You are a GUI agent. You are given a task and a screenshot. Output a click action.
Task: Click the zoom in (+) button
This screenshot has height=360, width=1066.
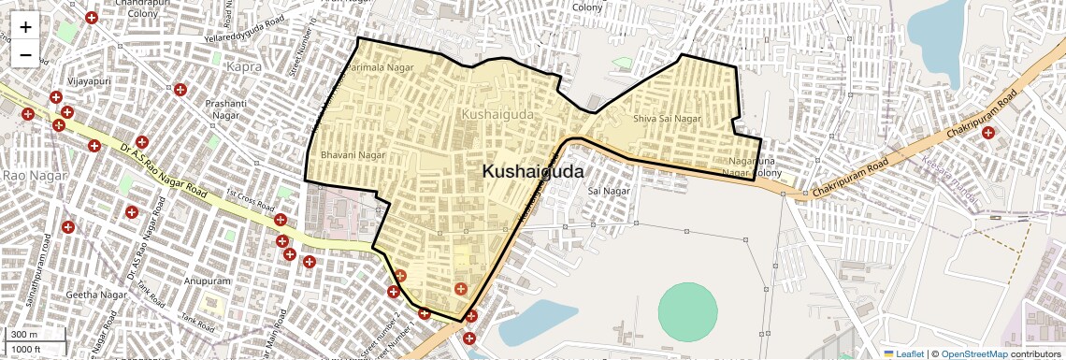pyautogui.click(x=25, y=28)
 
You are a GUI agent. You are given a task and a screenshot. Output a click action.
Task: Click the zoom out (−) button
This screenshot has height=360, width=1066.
pyautogui.click(x=25, y=55)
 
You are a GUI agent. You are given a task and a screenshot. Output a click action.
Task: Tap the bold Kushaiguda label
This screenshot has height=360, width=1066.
pyautogui.click(x=533, y=172)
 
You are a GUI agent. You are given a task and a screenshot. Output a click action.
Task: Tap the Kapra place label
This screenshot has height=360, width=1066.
pyautogui.click(x=243, y=67)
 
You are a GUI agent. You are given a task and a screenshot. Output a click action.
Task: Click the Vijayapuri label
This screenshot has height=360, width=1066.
pyautogui.click(x=90, y=81)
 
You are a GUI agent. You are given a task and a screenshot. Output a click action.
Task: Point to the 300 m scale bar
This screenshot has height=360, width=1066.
pyautogui.click(x=25, y=335)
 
